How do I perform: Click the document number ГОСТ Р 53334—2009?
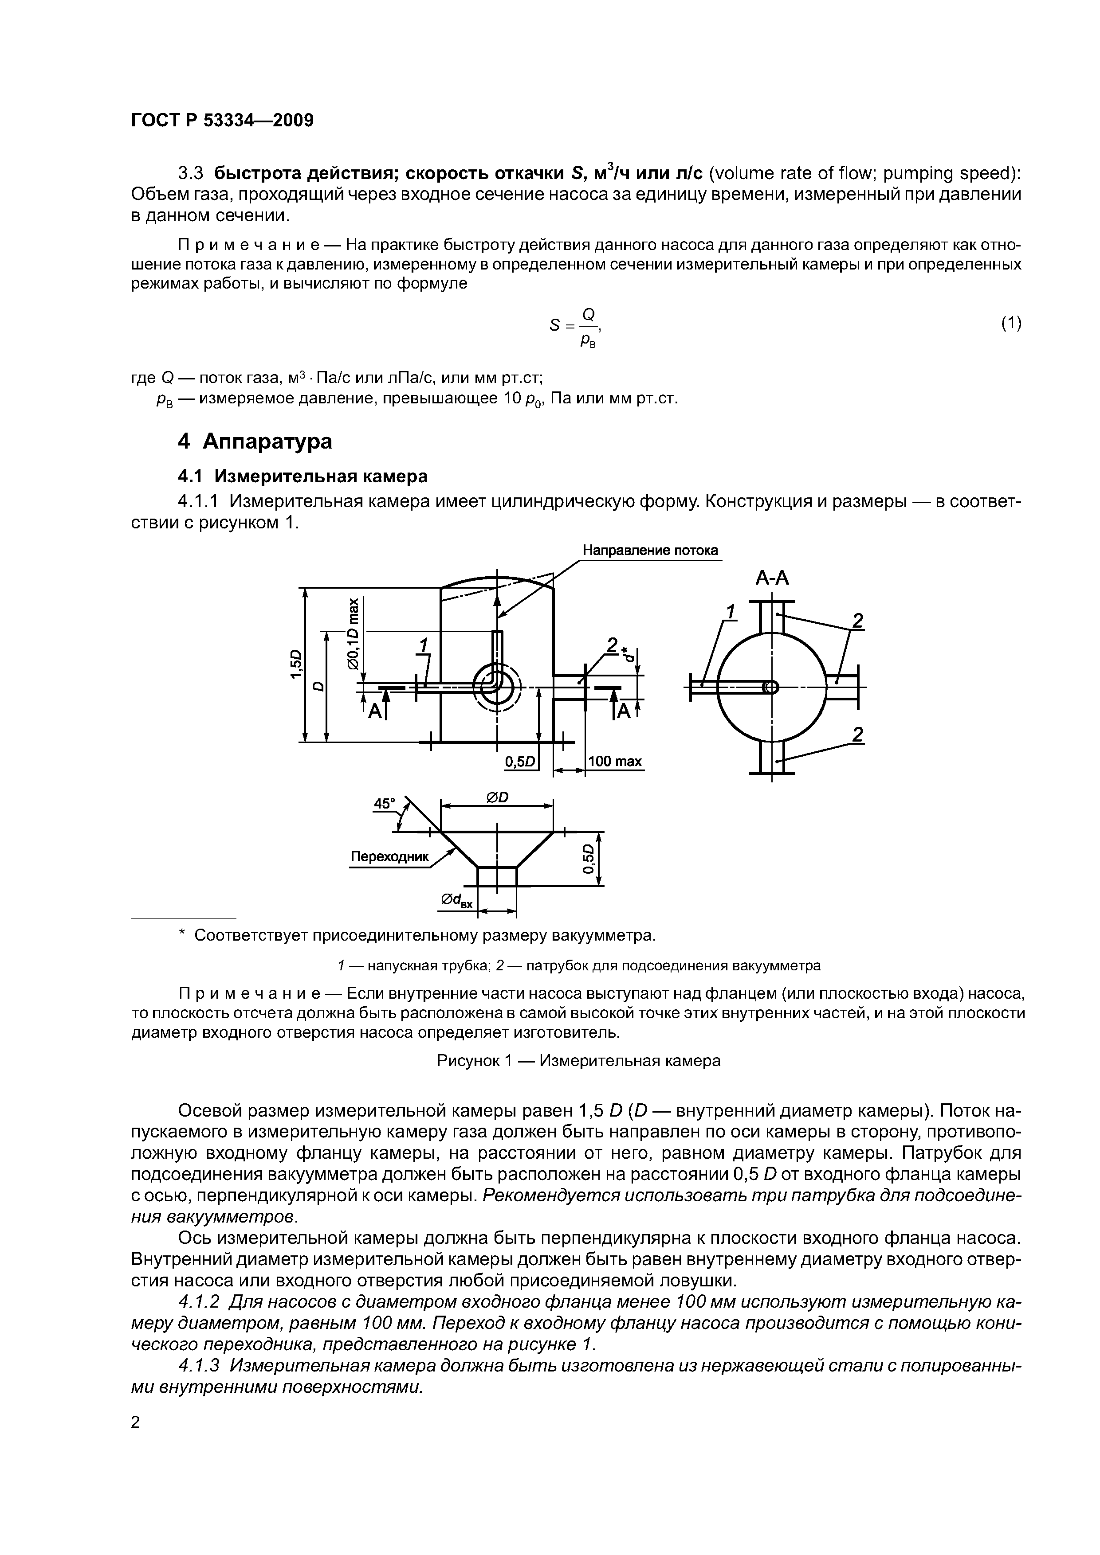pyautogui.click(x=222, y=121)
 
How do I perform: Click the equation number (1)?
pyautogui.click(x=1010, y=324)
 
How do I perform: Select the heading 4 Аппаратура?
pyautogui.click(x=255, y=441)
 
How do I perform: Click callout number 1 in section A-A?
pyautogui.click(x=730, y=612)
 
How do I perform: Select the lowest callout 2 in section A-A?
pyautogui.click(x=858, y=734)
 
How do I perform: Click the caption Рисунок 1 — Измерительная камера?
pyautogui.click(x=578, y=1061)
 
